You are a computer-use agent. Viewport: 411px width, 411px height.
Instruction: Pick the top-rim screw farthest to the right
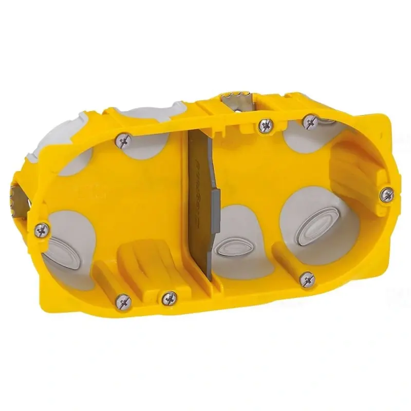click(309, 121)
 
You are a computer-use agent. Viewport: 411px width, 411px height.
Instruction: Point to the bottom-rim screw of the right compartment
click(307, 279)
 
